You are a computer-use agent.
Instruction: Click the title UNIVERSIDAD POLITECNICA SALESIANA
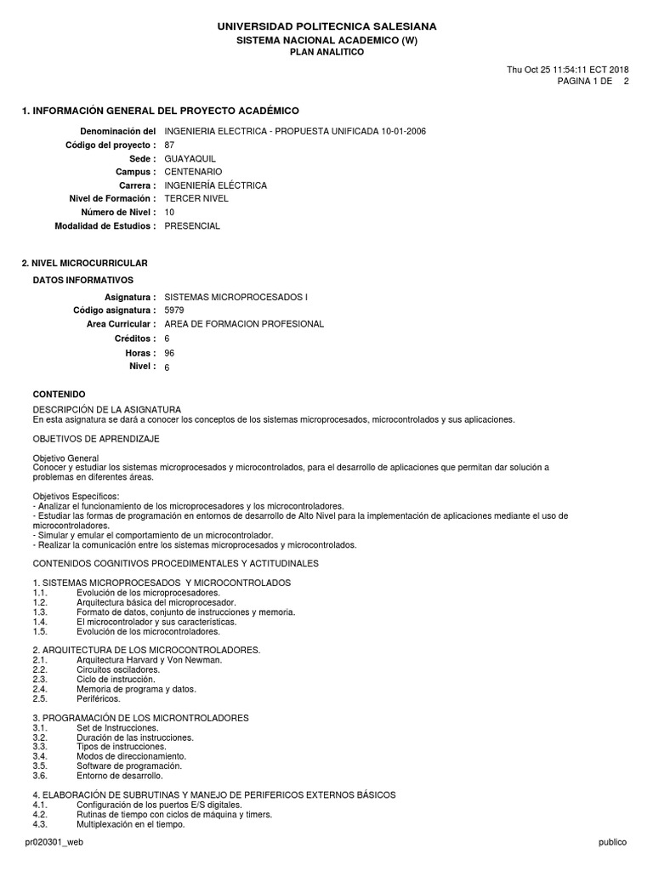[x=327, y=27]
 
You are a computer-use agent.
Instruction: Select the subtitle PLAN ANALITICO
[x=327, y=52]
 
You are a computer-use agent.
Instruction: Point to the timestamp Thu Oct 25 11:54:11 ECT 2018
[x=567, y=70]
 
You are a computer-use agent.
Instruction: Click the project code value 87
[x=169, y=145]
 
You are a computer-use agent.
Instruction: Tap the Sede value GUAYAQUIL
[x=190, y=159]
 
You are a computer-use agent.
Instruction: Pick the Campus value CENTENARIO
[x=193, y=172]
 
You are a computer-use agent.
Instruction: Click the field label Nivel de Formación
[x=112, y=198]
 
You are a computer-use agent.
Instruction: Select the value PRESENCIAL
[x=192, y=225]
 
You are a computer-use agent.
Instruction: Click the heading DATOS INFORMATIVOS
[x=83, y=280]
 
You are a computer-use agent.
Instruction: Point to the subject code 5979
[x=173, y=310]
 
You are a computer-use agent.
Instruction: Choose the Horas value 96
[x=169, y=353]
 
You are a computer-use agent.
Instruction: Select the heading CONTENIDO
[x=59, y=395]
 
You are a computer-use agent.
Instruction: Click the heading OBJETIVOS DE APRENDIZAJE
[x=96, y=439]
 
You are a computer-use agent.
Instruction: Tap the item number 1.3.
[x=40, y=612]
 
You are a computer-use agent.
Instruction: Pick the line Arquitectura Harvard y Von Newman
[x=149, y=660]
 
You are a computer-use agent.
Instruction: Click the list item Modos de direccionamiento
[x=131, y=755]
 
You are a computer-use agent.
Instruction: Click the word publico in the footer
[x=612, y=842]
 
